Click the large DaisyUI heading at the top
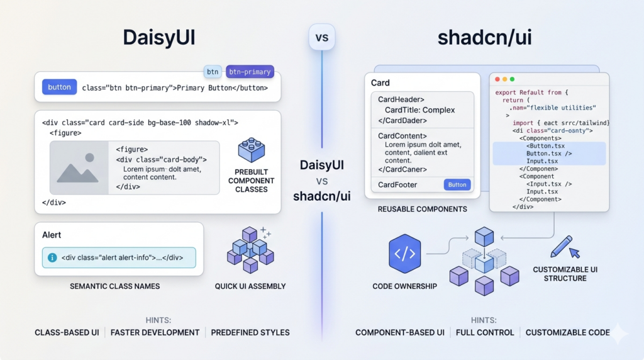tap(159, 37)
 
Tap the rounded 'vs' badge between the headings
tap(321, 38)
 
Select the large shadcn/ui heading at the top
tap(484, 37)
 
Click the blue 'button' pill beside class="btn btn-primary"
tap(59, 87)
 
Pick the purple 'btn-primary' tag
tap(249, 72)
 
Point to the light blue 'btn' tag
tap(213, 72)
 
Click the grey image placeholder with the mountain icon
tap(79, 167)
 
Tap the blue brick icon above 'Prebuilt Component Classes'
tap(251, 150)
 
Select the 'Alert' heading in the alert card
tap(52, 235)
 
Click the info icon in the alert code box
tap(53, 257)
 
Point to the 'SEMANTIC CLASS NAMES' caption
tap(114, 286)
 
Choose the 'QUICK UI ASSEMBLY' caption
tap(250, 286)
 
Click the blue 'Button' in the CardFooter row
tap(457, 184)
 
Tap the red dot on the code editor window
tap(497, 79)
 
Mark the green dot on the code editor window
tap(512, 79)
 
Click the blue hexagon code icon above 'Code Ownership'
tap(404, 254)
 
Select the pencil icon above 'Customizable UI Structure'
tap(562, 246)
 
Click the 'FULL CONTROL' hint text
tap(485, 332)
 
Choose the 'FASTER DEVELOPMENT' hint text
tap(155, 332)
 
